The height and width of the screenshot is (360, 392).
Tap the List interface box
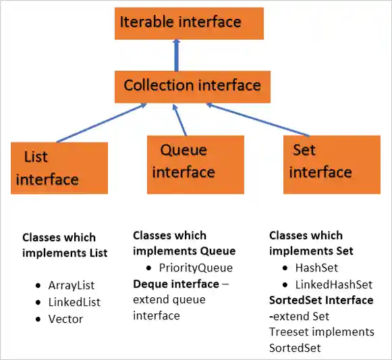point(59,168)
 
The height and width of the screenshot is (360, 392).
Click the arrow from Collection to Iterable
point(177,55)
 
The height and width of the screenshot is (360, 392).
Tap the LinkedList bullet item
point(74,302)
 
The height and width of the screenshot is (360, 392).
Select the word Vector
point(65,318)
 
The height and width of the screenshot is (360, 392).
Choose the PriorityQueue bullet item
point(195,267)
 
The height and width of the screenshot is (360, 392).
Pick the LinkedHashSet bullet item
point(334,284)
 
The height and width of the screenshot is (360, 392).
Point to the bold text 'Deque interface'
point(175,284)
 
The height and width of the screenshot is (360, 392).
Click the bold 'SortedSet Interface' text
point(321,300)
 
